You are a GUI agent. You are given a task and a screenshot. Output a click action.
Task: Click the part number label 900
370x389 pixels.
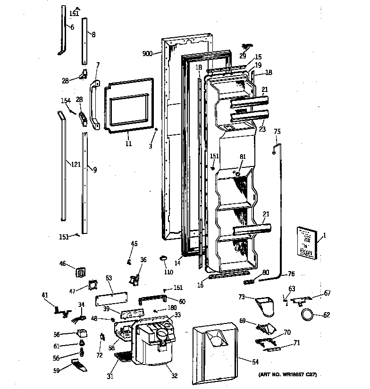tap(147, 54)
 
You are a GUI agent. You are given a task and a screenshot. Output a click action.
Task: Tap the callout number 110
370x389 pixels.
tap(168, 273)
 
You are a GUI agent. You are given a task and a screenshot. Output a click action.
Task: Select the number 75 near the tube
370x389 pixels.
tap(277, 132)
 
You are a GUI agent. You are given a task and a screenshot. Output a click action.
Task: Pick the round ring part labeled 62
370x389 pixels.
tap(307, 314)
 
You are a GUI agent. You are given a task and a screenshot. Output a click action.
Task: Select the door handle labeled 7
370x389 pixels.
tap(95, 106)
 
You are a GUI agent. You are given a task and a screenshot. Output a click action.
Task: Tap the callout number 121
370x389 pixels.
tap(75, 164)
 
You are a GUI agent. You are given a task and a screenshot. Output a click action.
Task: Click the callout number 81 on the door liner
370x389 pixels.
tap(243, 157)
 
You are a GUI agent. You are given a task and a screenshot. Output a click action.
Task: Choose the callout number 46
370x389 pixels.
tap(62, 265)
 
